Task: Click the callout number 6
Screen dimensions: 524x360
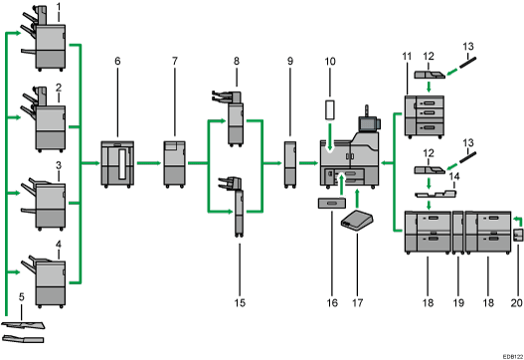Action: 117,61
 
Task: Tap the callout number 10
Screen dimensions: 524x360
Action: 330,62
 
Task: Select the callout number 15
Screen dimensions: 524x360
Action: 240,303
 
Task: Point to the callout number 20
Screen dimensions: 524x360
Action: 517,303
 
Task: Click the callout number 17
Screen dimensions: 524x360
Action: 357,303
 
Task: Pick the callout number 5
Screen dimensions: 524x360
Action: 22,296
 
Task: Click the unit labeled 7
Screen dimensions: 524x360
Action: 174,164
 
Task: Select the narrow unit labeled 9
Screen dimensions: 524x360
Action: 290,164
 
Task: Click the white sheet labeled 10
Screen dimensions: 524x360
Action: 330,110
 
